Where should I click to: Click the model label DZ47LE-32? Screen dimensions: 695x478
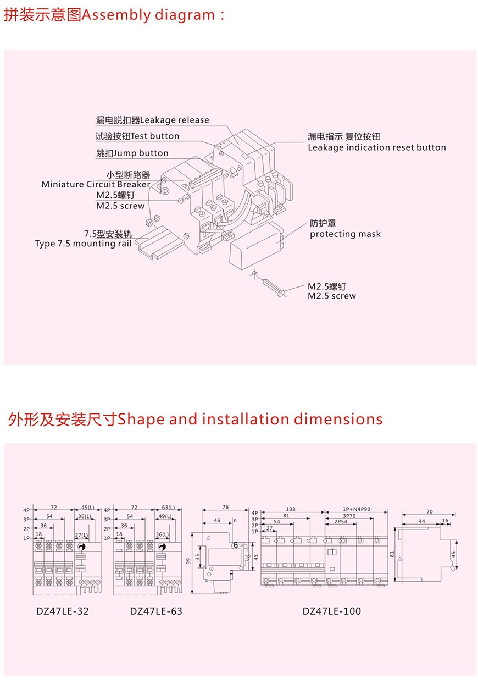click(62, 611)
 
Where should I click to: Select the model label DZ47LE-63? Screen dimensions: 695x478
click(156, 611)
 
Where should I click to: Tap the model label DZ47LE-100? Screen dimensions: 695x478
click(332, 611)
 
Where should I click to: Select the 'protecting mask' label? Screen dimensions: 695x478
click(345, 234)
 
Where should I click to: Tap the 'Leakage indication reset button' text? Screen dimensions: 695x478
click(376, 147)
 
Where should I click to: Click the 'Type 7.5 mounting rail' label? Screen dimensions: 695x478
click(83, 244)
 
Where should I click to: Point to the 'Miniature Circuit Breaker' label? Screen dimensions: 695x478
click(96, 185)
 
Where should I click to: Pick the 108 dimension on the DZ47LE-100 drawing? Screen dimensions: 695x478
click(290, 509)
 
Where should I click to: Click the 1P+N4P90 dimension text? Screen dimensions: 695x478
click(357, 509)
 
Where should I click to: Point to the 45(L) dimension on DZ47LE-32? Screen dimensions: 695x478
click(87, 507)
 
